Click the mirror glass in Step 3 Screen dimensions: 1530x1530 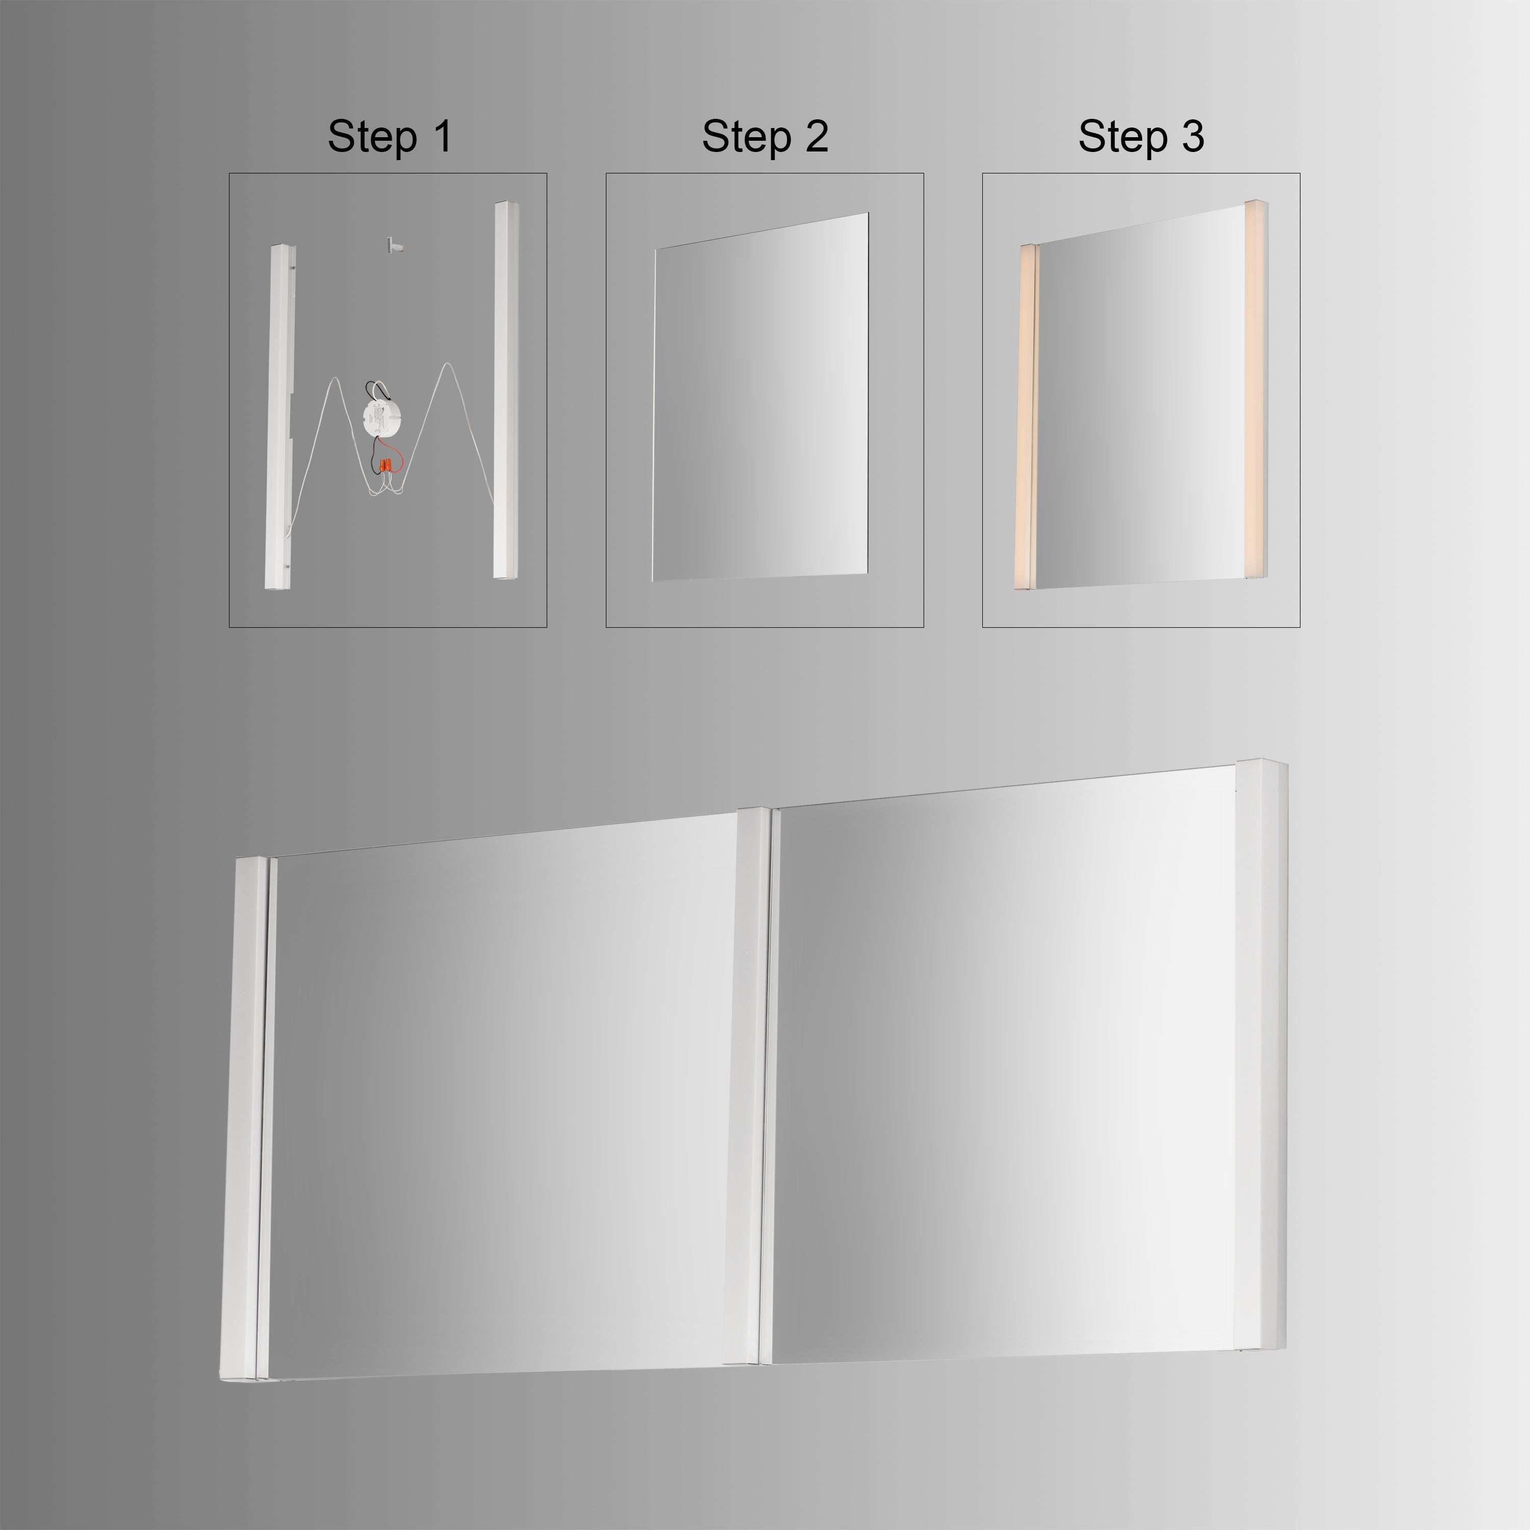point(1140,404)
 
